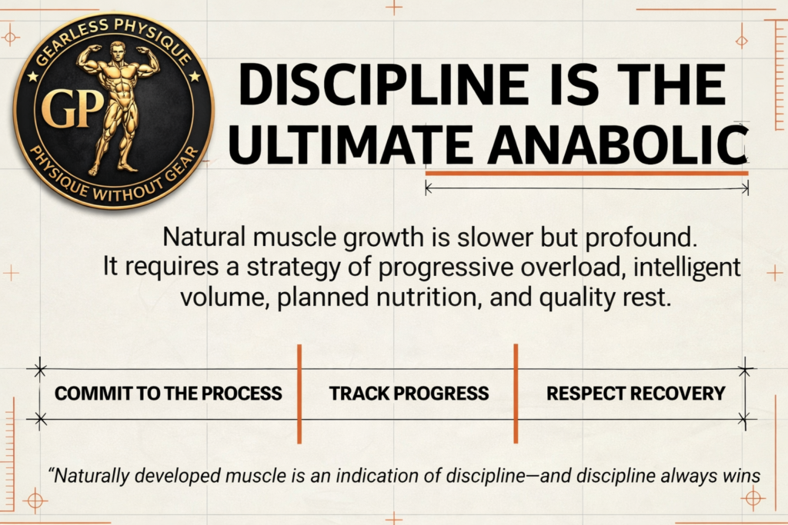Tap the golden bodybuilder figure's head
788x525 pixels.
click(117, 52)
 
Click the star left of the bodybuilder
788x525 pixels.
click(32, 76)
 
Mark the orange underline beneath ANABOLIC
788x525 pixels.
click(586, 174)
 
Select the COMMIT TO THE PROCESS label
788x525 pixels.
click(169, 394)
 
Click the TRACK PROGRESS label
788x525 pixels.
click(409, 394)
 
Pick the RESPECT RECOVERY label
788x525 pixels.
click(636, 394)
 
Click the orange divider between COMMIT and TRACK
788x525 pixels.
click(299, 394)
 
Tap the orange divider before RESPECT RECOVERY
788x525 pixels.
click(516, 394)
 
